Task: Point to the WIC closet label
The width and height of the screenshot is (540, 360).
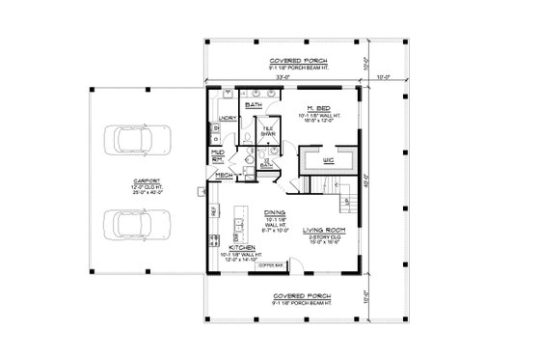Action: pyautogui.click(x=327, y=159)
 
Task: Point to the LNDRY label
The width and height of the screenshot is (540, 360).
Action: pyautogui.click(x=228, y=117)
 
